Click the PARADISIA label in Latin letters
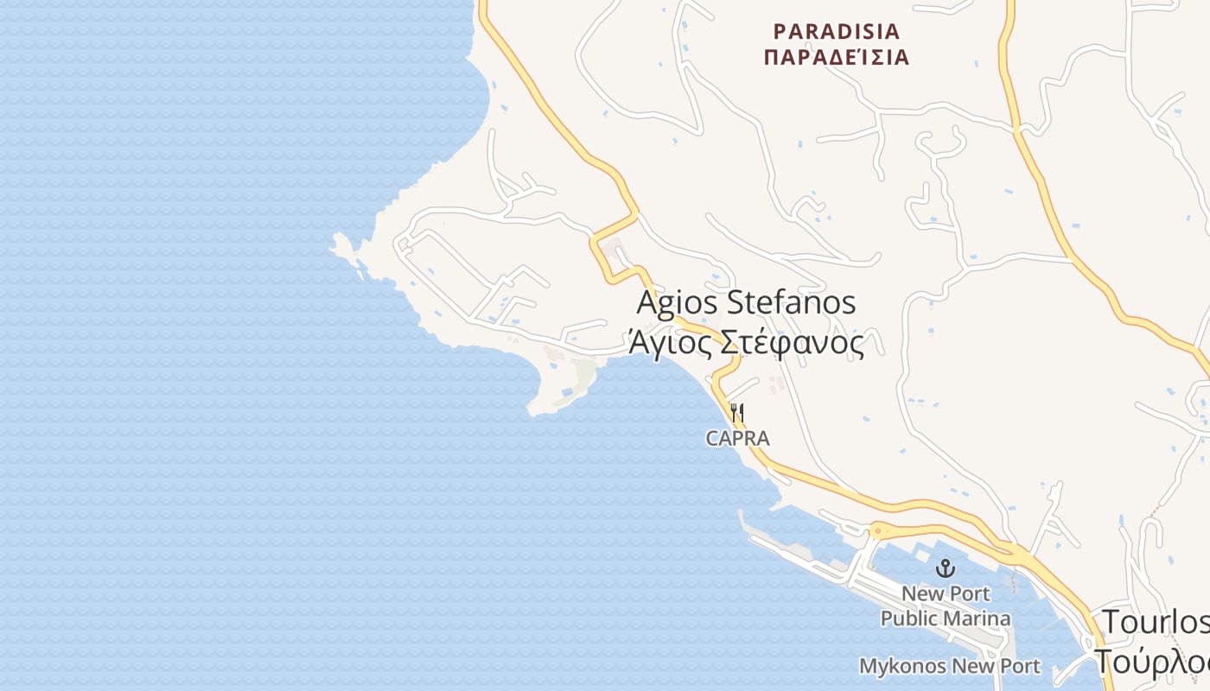(x=836, y=32)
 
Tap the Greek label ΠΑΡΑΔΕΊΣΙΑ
(x=836, y=58)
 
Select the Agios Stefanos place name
(x=746, y=302)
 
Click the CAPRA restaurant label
(x=737, y=438)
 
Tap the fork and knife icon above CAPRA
(x=737, y=412)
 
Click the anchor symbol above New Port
(x=946, y=568)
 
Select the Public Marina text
(x=946, y=618)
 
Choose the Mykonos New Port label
(x=950, y=666)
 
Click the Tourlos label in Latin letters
(x=1155, y=622)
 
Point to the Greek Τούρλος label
(x=1153, y=662)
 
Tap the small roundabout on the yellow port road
(x=877, y=529)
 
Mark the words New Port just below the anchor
(x=946, y=594)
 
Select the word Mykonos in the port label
(x=902, y=666)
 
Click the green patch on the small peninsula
(x=585, y=373)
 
